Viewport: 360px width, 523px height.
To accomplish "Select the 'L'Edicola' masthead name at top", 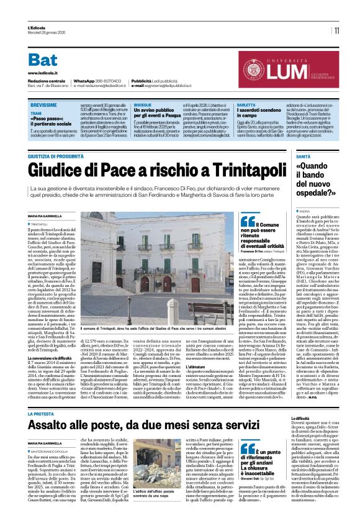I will point(37,27).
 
